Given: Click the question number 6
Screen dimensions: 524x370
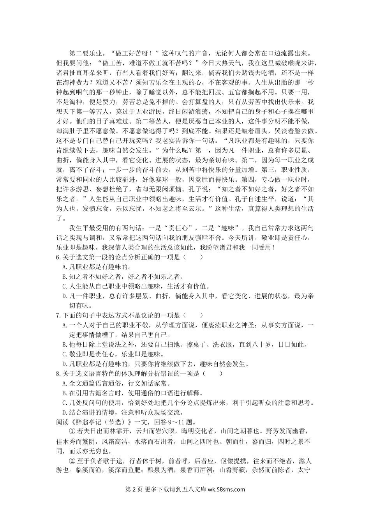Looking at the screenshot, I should click(x=58, y=257).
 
